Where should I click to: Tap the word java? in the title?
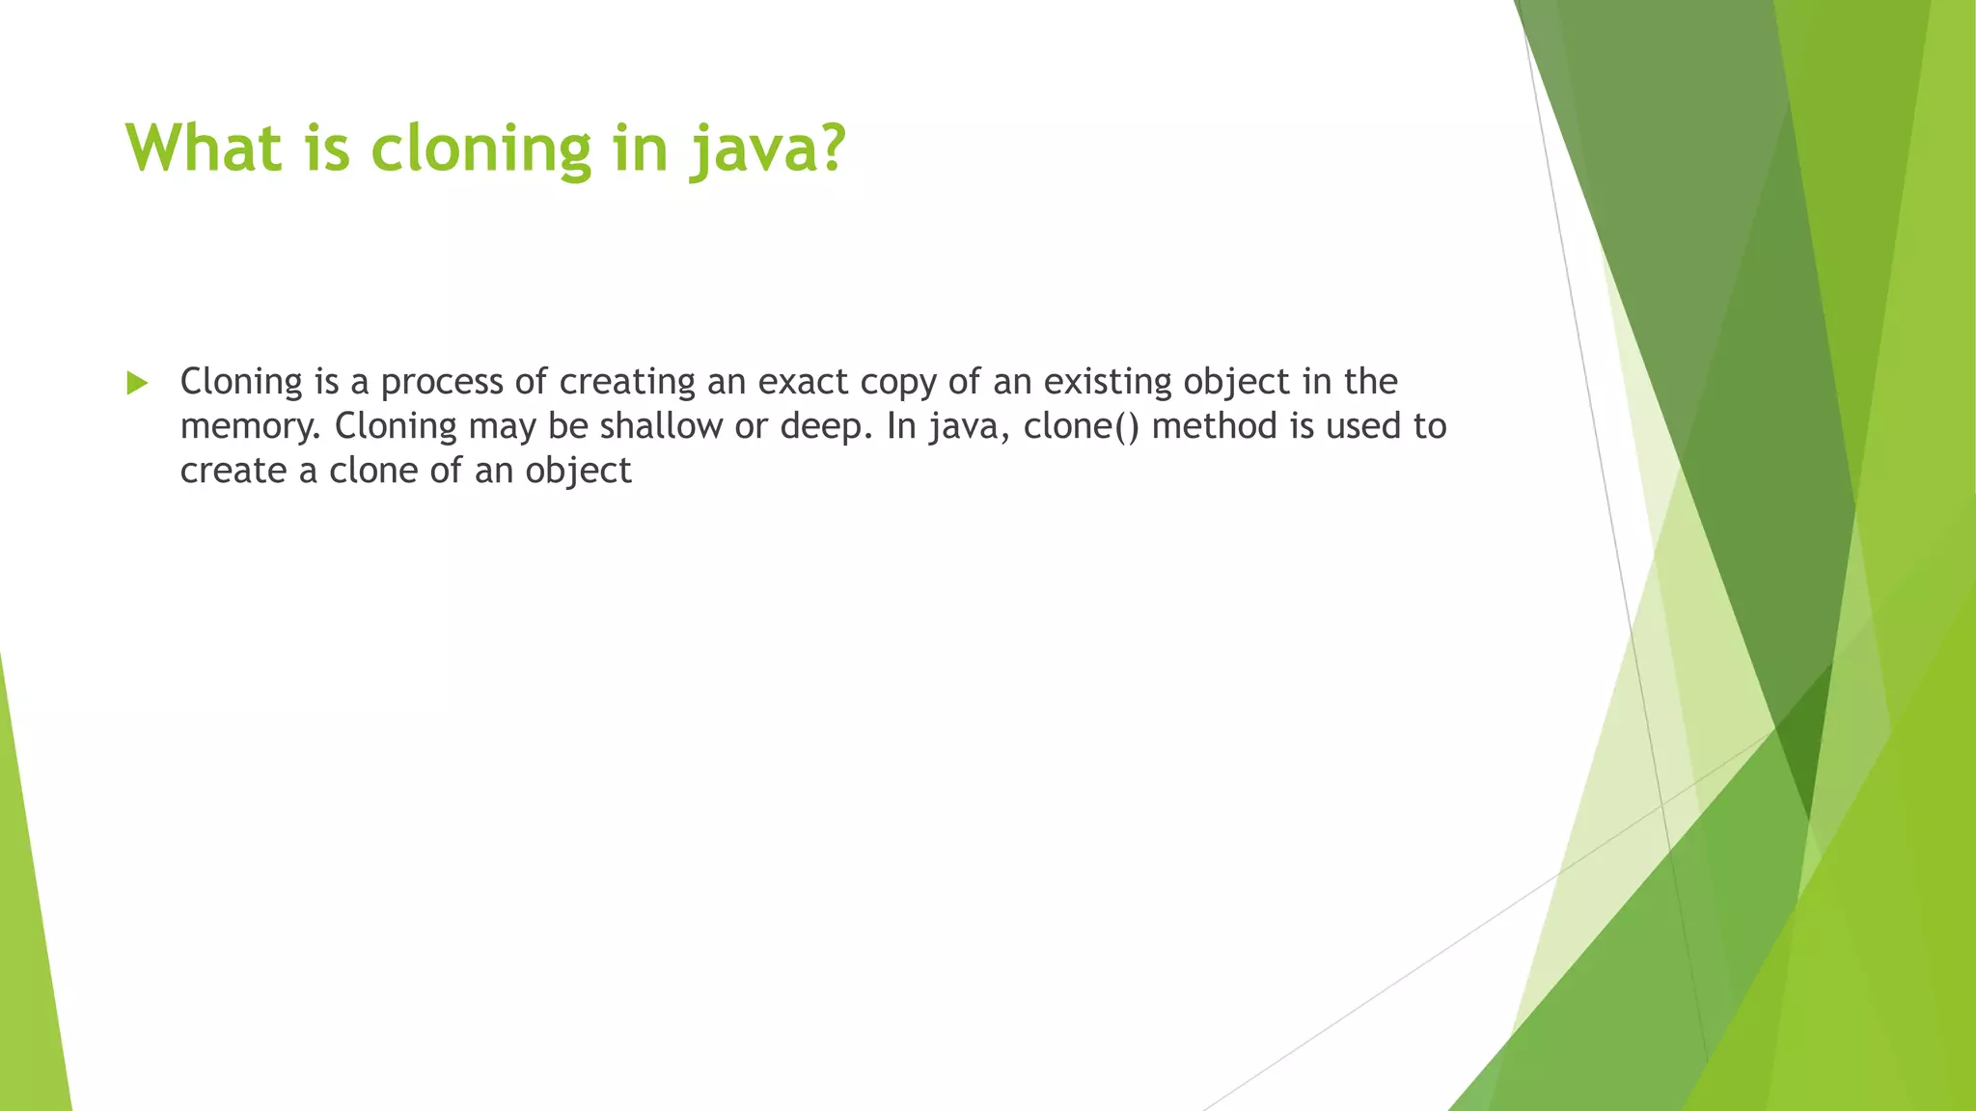tap(767, 150)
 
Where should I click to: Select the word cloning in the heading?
tap(480, 150)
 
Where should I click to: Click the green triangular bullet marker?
tap(137, 383)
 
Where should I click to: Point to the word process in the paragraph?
tap(442, 383)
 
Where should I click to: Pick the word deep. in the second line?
tap(826, 427)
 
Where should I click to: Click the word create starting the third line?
tap(233, 471)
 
